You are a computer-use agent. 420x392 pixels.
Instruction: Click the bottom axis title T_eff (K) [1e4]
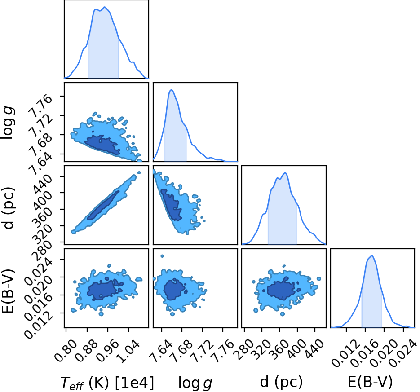(107, 383)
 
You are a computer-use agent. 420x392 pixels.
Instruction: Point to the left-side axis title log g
(8, 123)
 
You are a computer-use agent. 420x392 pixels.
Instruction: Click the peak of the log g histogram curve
(172, 90)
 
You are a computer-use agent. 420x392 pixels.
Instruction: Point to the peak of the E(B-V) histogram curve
(371, 255)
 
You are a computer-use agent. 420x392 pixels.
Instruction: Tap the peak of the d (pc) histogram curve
(285, 173)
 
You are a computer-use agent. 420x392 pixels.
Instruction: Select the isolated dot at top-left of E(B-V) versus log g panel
(162, 256)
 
